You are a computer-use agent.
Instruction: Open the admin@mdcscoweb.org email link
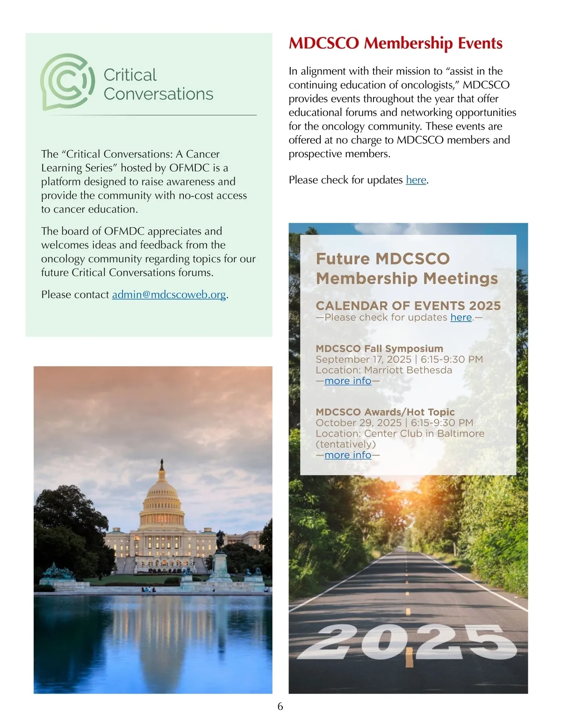click(169, 294)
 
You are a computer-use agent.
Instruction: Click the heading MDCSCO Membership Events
click(396, 43)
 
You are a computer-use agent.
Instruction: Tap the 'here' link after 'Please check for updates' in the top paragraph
click(416, 180)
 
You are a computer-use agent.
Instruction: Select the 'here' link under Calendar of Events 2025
click(461, 317)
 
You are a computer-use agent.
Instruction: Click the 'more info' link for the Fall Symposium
click(348, 381)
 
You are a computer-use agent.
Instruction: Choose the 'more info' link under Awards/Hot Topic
click(348, 455)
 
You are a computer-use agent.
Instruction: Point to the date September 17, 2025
click(363, 360)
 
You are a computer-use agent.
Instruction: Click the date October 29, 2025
click(359, 423)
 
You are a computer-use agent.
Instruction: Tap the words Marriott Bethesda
click(408, 370)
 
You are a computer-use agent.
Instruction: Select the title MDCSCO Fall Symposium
click(379, 349)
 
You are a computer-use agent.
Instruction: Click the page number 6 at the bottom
click(280, 706)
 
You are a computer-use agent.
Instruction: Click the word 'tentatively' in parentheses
click(345, 444)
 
